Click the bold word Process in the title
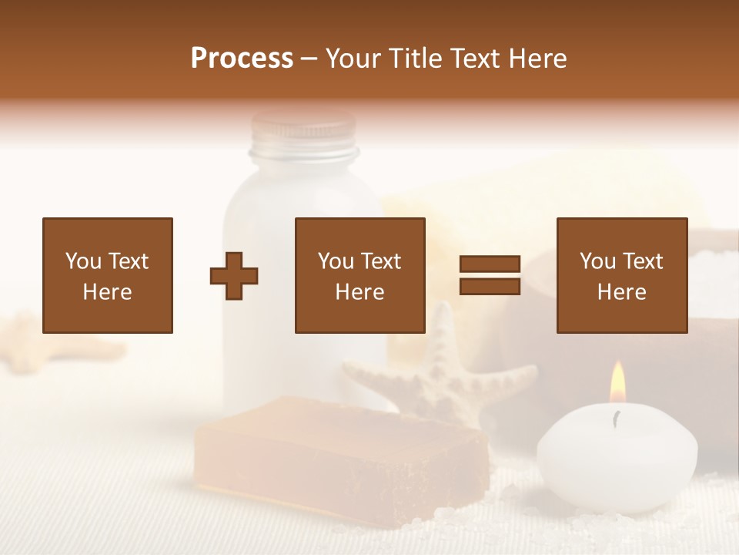(242, 59)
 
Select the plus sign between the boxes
(234, 275)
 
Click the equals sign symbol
(490, 275)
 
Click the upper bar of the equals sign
(490, 264)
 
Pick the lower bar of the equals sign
(490, 286)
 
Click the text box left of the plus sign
(107, 275)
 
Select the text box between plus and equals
(359, 275)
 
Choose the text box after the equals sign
(621, 275)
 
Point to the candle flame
(617, 383)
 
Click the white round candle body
(617, 459)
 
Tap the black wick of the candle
(615, 419)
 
